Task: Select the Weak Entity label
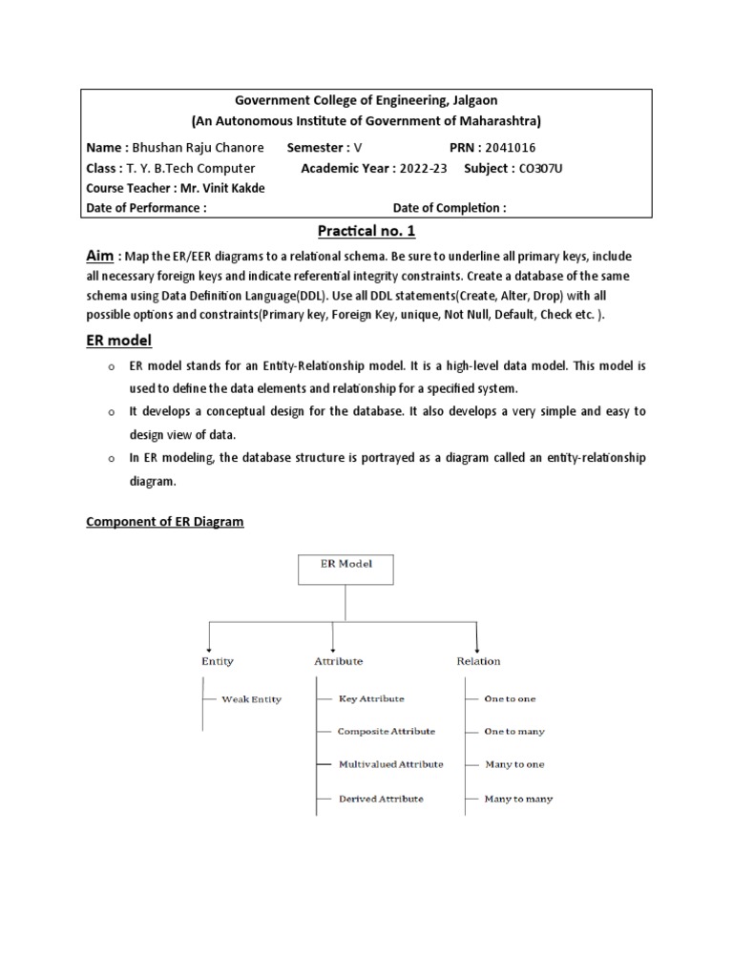[251, 699]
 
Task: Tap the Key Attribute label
[371, 698]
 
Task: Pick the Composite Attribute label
[387, 731]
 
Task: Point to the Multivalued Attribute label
[390, 764]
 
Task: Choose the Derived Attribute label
[381, 799]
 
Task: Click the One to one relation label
[510, 698]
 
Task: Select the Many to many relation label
[518, 799]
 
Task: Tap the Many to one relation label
[514, 764]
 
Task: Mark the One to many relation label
[514, 731]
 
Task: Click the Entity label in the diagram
[217, 660]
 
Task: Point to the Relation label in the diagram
[477, 660]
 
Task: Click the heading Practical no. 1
[366, 232]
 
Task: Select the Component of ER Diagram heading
[165, 522]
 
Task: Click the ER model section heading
[119, 341]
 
